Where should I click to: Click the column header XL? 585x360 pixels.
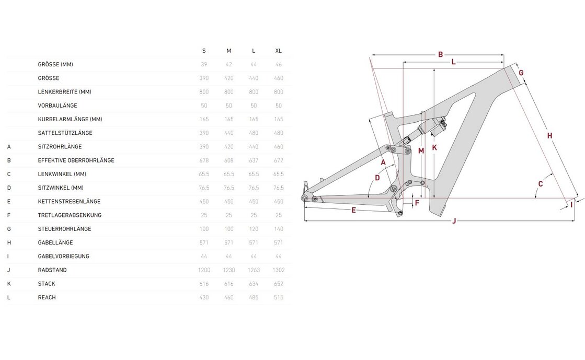pyautogui.click(x=279, y=51)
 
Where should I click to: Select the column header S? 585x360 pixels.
pyautogui.click(x=204, y=51)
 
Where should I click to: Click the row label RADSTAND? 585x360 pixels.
pyautogui.click(x=52, y=270)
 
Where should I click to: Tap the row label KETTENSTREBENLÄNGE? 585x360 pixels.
pyautogui.click(x=69, y=201)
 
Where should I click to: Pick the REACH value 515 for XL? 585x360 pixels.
pyautogui.click(x=279, y=297)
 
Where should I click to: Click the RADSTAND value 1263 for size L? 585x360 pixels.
pyautogui.click(x=254, y=270)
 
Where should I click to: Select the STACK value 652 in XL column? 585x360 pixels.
pyautogui.click(x=279, y=284)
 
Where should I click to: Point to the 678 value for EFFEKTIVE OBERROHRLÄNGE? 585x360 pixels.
pyautogui.click(x=204, y=160)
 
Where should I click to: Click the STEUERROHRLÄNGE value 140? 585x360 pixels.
pyautogui.click(x=279, y=229)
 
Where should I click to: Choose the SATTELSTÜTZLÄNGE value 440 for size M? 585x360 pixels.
pyautogui.click(x=229, y=133)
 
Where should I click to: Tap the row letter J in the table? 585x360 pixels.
pyautogui.click(x=9, y=270)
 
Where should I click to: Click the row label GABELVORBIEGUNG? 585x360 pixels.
pyautogui.click(x=63, y=257)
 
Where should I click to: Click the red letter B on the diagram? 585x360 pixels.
pyautogui.click(x=441, y=54)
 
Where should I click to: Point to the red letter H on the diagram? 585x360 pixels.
pyautogui.click(x=549, y=136)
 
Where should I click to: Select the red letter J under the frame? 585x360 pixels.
pyautogui.click(x=454, y=221)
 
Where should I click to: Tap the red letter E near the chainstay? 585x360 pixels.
pyautogui.click(x=354, y=210)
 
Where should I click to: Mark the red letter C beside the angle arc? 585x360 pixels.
pyautogui.click(x=541, y=184)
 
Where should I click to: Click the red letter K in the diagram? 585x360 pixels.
pyautogui.click(x=434, y=148)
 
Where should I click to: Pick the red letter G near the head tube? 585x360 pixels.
pyautogui.click(x=521, y=73)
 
